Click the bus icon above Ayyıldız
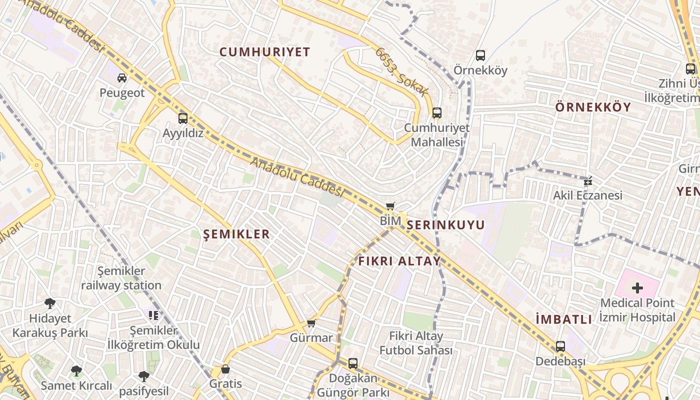pyautogui.click(x=183, y=118)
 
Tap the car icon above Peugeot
pyautogui.click(x=122, y=77)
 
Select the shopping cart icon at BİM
pyautogui.click(x=390, y=206)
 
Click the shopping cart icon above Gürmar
pyautogui.click(x=311, y=323)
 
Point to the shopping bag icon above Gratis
pyautogui.click(x=225, y=369)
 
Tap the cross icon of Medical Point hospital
pyautogui.click(x=637, y=287)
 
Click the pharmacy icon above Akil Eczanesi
pyautogui.click(x=588, y=180)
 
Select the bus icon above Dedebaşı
pyautogui.click(x=560, y=346)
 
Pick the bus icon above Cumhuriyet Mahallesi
pyautogui.click(x=437, y=113)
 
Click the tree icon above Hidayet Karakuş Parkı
pyautogui.click(x=49, y=303)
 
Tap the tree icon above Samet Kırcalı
pyautogui.click(x=76, y=370)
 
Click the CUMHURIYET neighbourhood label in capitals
pyautogui.click(x=265, y=52)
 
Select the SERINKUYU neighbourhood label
pyautogui.click(x=445, y=225)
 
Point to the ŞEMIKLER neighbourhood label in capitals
pyautogui.click(x=237, y=234)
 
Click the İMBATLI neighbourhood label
pyautogui.click(x=563, y=319)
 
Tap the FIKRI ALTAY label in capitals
pyautogui.click(x=399, y=261)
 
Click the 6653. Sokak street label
pyautogui.click(x=402, y=72)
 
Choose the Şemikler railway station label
pyautogui.click(x=121, y=278)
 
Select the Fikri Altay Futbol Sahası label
pyautogui.click(x=416, y=343)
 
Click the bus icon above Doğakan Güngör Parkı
pyautogui.click(x=353, y=363)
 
